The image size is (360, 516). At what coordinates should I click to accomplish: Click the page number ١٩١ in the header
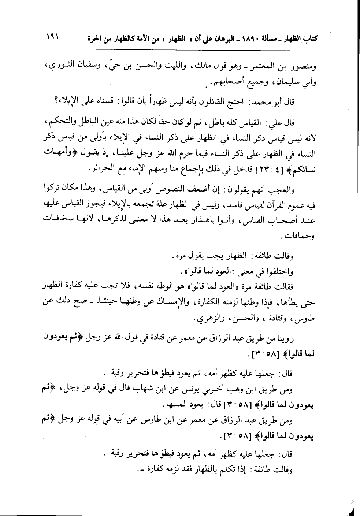[x=53, y=37]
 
